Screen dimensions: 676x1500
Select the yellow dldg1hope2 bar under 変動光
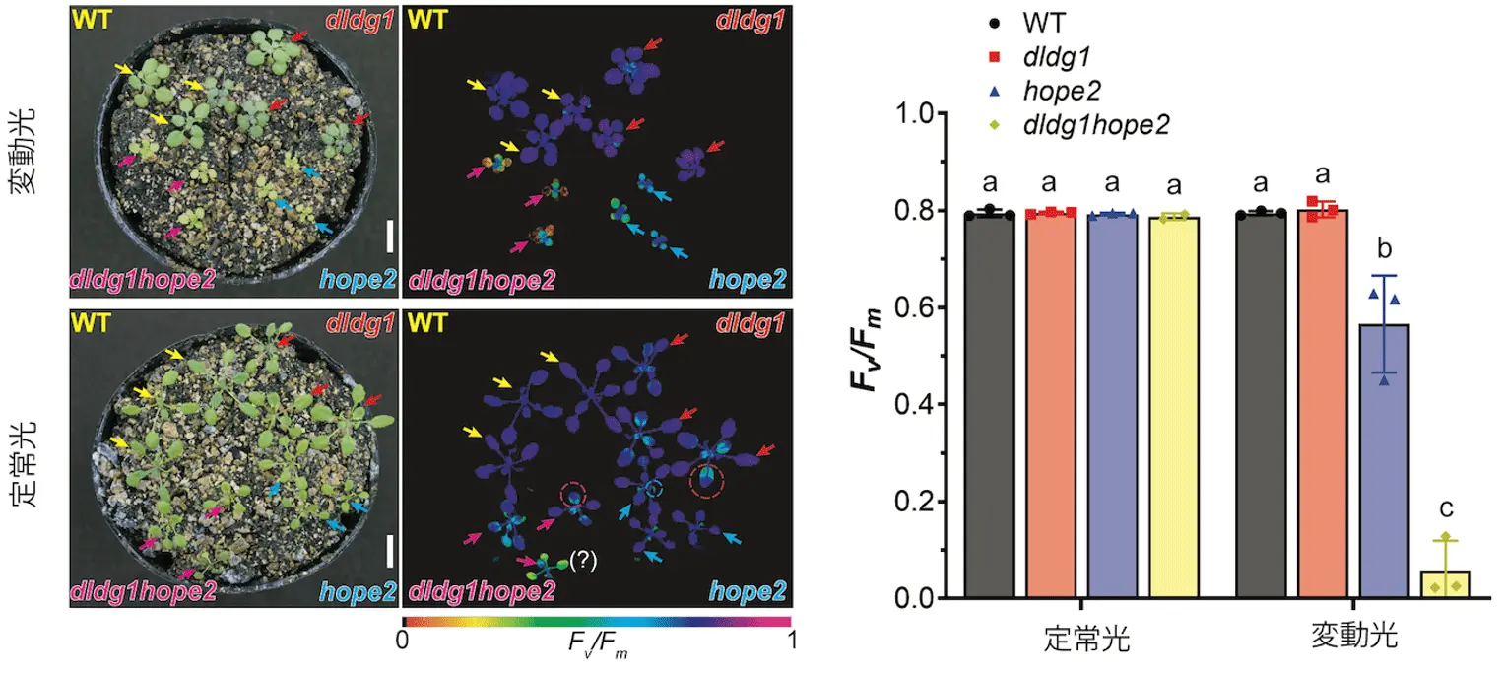(1445, 583)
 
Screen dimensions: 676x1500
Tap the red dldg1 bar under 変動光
(1323, 404)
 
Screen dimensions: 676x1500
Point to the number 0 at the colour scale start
(402, 641)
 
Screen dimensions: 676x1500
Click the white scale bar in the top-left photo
(390, 237)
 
